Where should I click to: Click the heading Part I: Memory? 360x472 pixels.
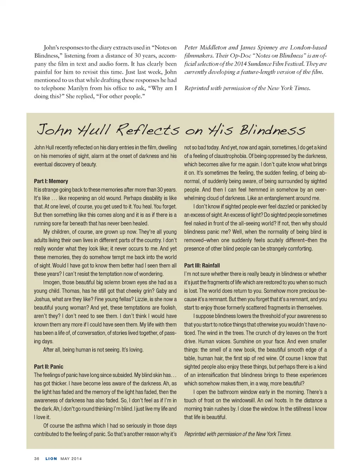click(x=51, y=181)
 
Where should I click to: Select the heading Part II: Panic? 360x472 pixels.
click(x=49, y=367)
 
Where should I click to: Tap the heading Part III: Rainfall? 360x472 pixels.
click(x=202, y=266)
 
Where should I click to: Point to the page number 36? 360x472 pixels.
click(x=36, y=459)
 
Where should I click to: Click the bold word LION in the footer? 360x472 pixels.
click(x=51, y=459)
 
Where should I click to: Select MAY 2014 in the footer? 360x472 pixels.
click(x=71, y=459)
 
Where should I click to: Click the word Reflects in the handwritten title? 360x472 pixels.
click(x=148, y=130)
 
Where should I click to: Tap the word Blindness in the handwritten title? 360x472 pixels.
click(x=272, y=130)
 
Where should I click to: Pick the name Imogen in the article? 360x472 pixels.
click(x=52, y=282)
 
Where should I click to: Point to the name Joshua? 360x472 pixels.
click(x=42, y=299)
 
